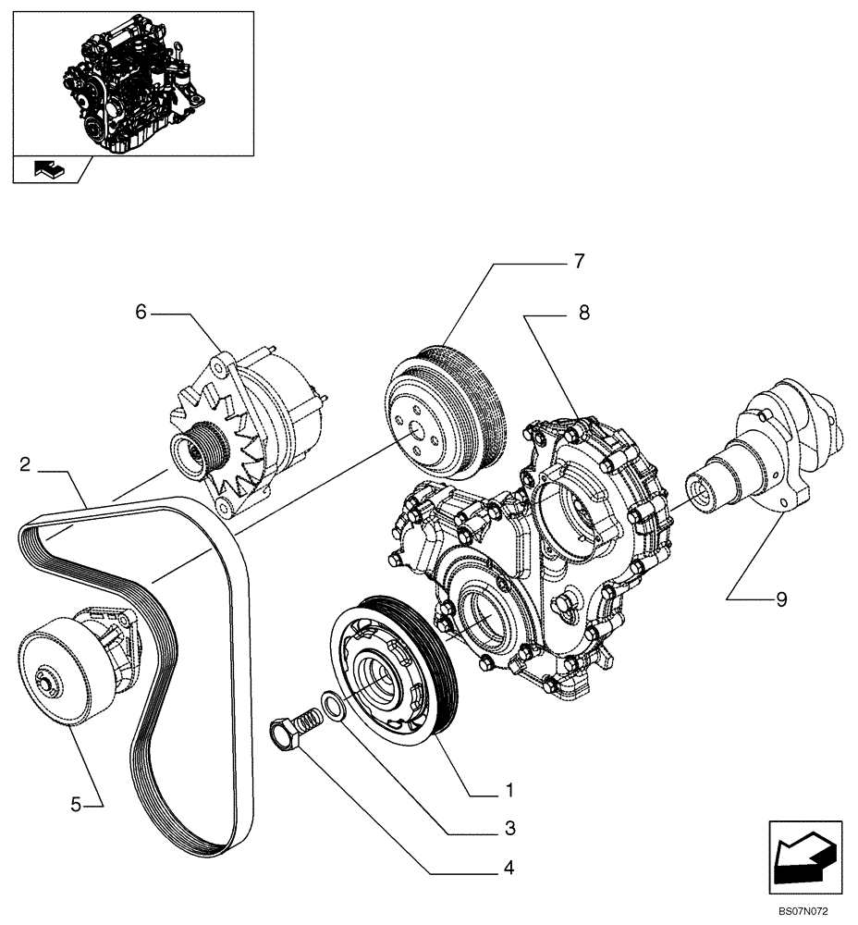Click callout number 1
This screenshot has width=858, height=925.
(509, 792)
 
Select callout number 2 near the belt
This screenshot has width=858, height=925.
(27, 464)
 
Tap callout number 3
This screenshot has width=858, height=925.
(509, 828)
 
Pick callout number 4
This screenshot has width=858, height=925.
(509, 868)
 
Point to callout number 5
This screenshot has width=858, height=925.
(77, 805)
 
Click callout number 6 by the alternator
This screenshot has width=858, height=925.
(141, 314)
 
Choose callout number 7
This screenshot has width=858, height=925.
(579, 262)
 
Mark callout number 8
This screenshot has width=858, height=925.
(583, 314)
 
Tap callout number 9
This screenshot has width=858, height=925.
(781, 599)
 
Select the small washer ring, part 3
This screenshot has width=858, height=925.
(334, 706)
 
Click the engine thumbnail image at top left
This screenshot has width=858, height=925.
(133, 83)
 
